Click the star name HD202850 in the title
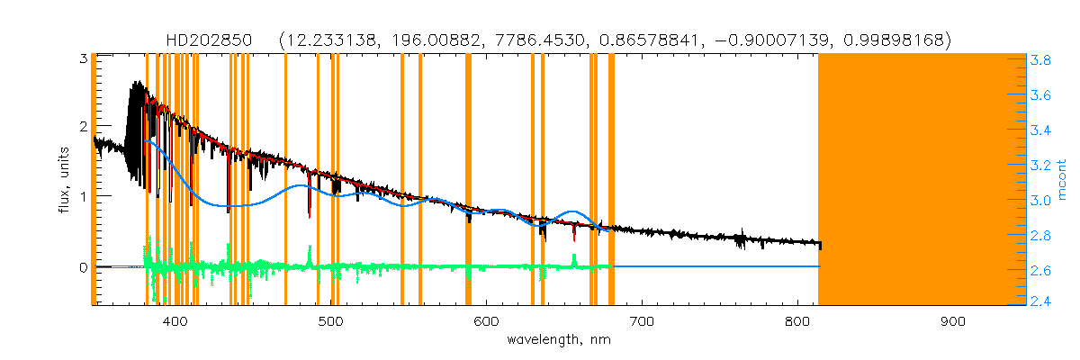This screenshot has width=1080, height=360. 211,40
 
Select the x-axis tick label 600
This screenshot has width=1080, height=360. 486,322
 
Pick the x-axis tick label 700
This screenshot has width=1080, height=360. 642,322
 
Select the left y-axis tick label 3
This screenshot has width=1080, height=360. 82,58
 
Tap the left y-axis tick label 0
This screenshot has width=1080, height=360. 82,267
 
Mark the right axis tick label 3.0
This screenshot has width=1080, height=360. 1044,200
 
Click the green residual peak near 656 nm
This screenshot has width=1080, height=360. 574,258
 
